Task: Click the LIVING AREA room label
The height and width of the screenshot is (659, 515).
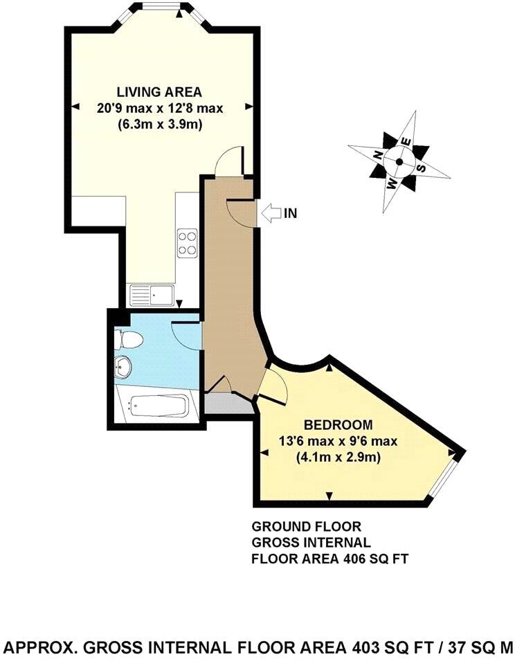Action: pyautogui.click(x=159, y=91)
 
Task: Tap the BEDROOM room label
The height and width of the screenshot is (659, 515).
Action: pyautogui.click(x=339, y=424)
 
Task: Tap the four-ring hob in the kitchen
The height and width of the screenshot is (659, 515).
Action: pyautogui.click(x=187, y=242)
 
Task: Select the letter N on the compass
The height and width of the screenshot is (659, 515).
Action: pyautogui.click(x=377, y=154)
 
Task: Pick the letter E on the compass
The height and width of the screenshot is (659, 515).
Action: pyautogui.click(x=407, y=141)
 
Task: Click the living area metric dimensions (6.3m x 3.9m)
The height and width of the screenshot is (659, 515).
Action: pyautogui.click(x=159, y=125)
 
